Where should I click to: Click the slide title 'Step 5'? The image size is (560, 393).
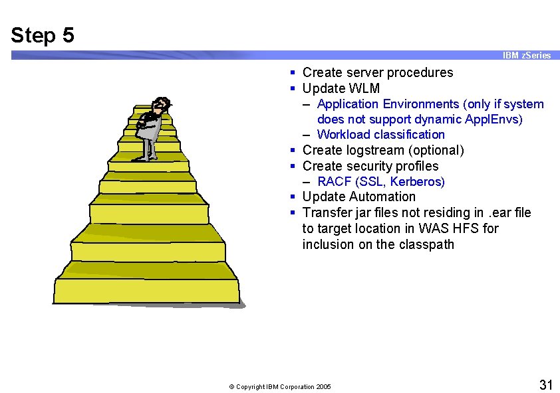click(43, 35)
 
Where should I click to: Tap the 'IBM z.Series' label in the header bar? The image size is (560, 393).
click(526, 56)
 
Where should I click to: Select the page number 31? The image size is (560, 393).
click(545, 384)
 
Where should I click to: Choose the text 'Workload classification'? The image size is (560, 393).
click(381, 135)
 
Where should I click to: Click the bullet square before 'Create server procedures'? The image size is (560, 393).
click(293, 73)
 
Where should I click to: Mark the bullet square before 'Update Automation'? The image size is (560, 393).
click(293, 197)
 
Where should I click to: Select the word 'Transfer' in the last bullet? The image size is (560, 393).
click(326, 212)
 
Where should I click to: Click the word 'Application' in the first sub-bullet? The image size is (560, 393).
click(350, 104)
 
